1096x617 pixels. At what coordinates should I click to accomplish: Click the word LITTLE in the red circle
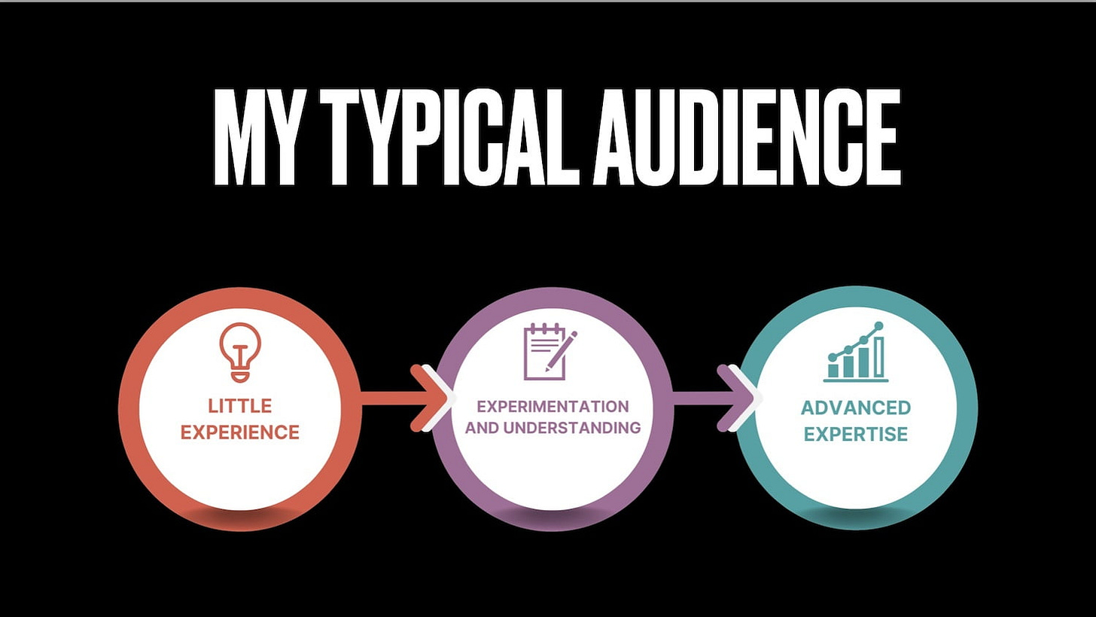240,406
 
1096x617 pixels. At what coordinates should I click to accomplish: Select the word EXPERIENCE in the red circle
240,432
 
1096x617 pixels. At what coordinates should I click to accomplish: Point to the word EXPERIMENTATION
553,407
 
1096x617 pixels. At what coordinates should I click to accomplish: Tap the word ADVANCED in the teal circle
856,408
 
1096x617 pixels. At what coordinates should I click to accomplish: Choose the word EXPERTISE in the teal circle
856,434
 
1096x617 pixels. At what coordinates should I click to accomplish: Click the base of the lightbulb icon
240,374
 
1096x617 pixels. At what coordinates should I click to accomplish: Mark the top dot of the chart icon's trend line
878,326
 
